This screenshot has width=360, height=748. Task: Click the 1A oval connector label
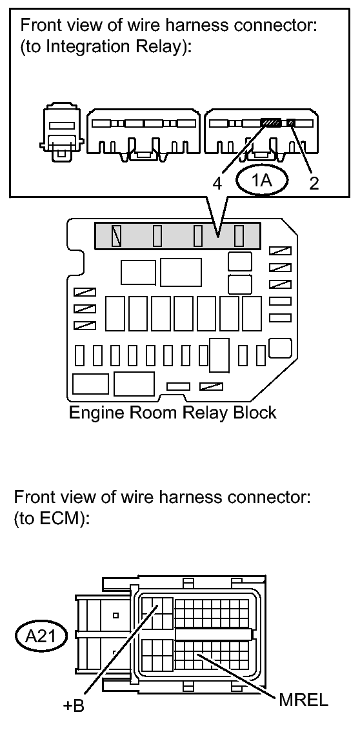tap(262, 181)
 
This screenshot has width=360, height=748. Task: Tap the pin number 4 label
tap(217, 183)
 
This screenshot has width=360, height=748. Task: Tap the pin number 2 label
tap(314, 183)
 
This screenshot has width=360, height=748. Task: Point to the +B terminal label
tap(74, 705)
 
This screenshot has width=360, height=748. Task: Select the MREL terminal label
tap(303, 701)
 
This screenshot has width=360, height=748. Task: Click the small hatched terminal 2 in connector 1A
tap(291, 123)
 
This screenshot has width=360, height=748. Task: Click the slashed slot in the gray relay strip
tap(115, 235)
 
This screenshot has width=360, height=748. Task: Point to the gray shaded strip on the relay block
tap(177, 235)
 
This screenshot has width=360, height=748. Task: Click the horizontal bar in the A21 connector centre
tap(213, 634)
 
